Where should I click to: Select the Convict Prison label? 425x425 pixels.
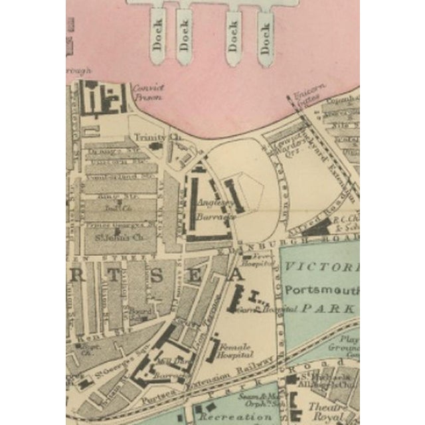147,92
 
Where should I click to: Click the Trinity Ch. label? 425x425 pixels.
149,137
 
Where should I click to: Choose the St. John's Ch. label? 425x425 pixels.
120,236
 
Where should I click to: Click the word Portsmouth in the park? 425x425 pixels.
320,291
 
